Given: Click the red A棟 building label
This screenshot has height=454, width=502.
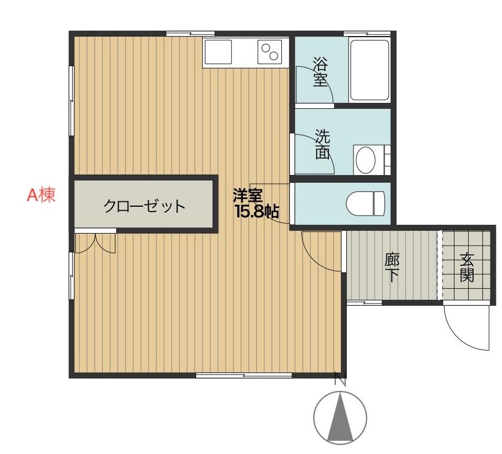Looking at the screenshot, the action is point(41,195).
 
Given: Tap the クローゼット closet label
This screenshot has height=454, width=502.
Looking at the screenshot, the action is point(144,206).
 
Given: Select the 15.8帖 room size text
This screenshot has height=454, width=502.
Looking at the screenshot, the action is point(257,212).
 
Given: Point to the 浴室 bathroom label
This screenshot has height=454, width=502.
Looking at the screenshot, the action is point(320,72).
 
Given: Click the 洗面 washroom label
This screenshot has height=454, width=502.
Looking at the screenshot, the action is point(322,144).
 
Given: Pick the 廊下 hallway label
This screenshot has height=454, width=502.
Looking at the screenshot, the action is point(392,267).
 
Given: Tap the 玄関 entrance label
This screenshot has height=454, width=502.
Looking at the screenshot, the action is point(466,267).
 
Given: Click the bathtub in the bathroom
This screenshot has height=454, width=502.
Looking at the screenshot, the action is point(370,70).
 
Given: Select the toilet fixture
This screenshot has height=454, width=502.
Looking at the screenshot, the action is point(365,203).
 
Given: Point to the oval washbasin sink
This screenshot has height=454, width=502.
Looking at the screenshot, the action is point(365,160).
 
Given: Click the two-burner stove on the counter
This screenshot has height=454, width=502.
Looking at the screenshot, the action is point(269,51).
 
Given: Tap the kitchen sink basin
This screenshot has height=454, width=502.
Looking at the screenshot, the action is point(218,51).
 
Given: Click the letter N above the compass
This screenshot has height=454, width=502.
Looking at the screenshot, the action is point(340,379).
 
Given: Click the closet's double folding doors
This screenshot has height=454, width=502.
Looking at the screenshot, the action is point(95,243).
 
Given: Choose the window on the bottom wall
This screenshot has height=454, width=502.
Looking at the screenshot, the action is point(244,375).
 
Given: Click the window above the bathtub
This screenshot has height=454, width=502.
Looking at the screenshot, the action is point(367,33).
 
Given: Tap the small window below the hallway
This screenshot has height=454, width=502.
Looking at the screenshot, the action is point(364,302).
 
